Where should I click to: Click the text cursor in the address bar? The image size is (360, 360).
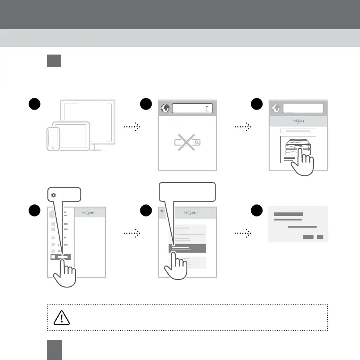pos(207,109)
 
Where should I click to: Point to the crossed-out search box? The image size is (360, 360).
pos(187,143)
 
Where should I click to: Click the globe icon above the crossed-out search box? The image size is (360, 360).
pos(165,109)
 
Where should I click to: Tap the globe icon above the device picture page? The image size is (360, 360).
pos(275,109)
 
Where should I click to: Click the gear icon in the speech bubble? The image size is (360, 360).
pos(54,195)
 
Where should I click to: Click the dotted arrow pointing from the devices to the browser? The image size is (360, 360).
pos(132,127)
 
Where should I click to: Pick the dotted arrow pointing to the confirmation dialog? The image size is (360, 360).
pos(243,233)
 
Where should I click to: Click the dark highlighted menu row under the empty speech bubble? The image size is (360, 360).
pos(187,249)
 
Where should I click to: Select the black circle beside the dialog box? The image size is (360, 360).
pos(256,212)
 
